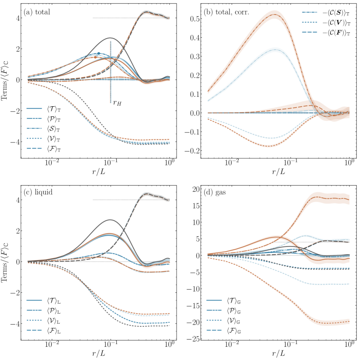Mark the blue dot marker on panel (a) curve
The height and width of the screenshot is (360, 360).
click(x=99, y=53)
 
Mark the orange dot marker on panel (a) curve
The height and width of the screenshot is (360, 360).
click(x=95, y=57)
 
